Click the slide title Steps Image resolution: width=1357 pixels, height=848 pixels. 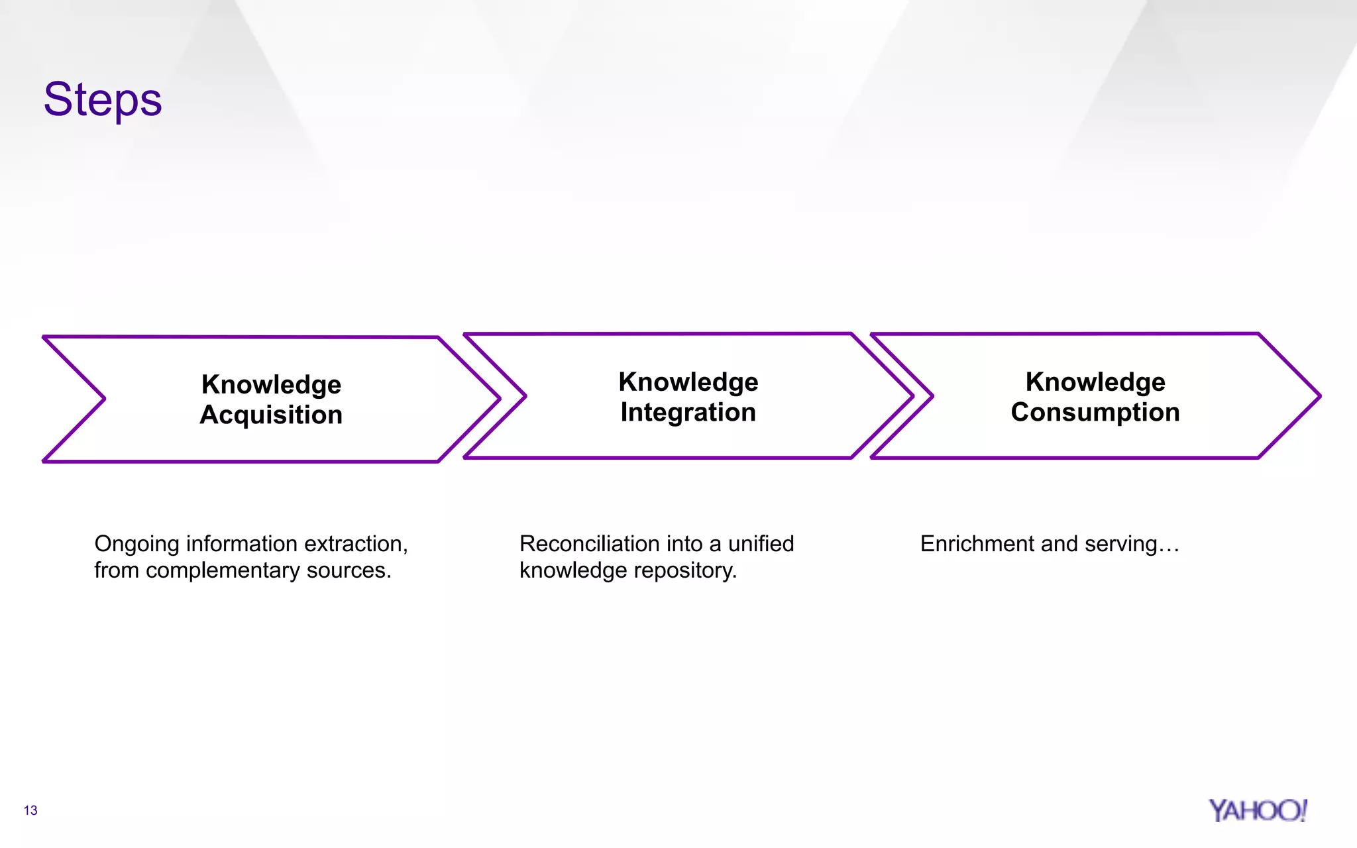click(x=103, y=100)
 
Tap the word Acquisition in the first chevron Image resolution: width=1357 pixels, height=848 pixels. click(x=271, y=415)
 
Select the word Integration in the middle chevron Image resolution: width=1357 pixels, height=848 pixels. click(x=688, y=413)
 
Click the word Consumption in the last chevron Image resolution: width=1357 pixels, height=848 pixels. click(x=1095, y=413)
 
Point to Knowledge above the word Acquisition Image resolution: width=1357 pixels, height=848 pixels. click(x=271, y=384)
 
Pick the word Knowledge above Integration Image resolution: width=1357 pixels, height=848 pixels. click(x=688, y=382)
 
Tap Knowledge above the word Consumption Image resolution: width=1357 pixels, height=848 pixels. click(x=1095, y=382)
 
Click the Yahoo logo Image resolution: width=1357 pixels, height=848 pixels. click(x=1257, y=810)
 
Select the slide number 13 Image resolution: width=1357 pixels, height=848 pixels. click(x=30, y=810)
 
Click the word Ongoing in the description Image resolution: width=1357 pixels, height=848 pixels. click(x=136, y=545)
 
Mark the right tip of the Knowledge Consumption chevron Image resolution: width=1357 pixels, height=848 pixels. click(x=1319, y=396)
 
